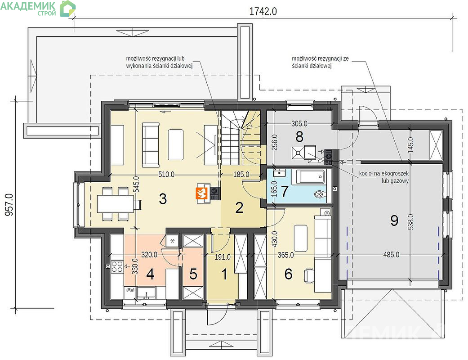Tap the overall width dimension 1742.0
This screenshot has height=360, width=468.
point(263,11)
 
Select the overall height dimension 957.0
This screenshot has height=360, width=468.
point(9,205)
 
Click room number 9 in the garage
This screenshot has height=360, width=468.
point(394,220)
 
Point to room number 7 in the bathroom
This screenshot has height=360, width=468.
point(285,191)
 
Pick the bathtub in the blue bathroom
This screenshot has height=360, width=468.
point(311,177)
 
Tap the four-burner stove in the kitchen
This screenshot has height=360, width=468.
point(117,266)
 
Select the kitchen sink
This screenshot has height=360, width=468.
point(146,293)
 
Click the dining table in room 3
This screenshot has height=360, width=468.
point(116,203)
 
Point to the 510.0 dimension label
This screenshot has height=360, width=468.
point(166,175)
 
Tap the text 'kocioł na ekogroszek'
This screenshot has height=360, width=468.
point(384,174)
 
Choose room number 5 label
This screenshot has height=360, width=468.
point(193,274)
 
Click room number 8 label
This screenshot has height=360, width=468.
point(299,137)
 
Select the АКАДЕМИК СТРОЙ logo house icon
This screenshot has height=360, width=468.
point(68,9)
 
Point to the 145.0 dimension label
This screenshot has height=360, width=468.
point(411,145)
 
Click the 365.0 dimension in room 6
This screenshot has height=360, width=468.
point(285,255)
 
